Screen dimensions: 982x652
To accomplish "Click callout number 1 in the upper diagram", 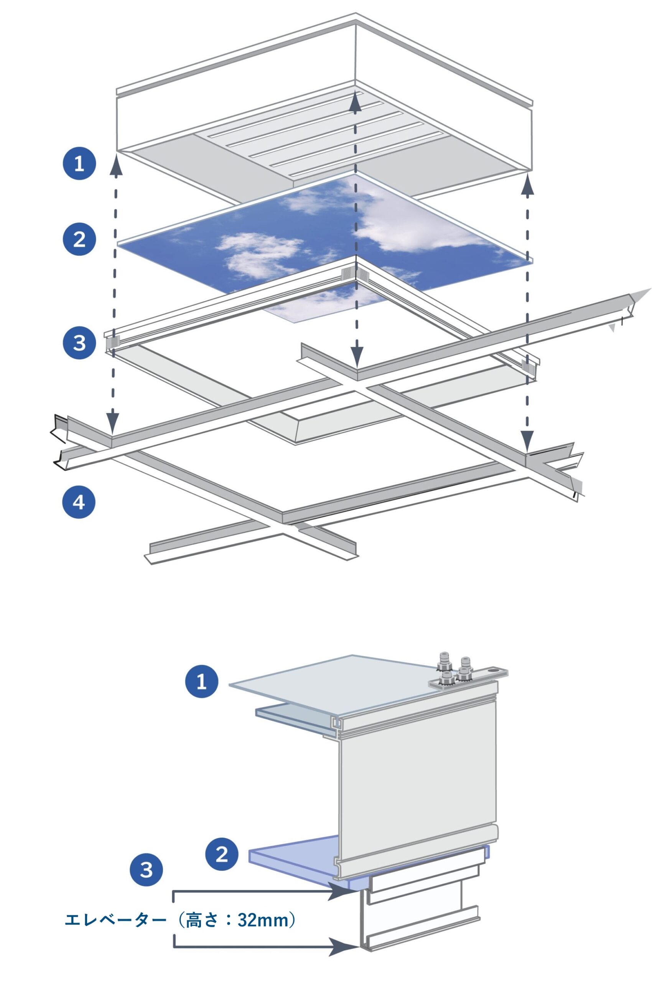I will point(79,163).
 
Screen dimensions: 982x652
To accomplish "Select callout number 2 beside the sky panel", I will point(79,239).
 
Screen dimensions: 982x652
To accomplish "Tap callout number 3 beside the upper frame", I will point(79,343).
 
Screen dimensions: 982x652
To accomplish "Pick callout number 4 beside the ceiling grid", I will point(79,503).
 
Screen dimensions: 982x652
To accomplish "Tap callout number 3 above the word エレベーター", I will point(147,870).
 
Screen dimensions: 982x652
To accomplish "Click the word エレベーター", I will point(115,920).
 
